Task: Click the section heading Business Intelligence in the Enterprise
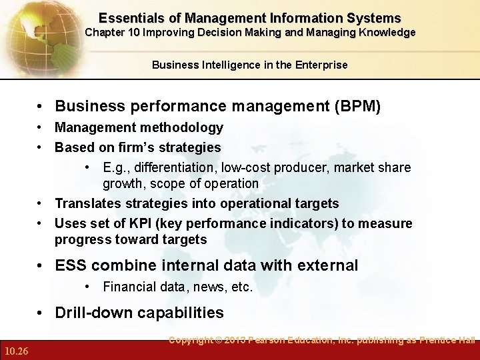tap(249, 65)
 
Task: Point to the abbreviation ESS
tap(71, 265)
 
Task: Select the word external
tap(327, 265)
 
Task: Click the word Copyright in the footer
tap(191, 341)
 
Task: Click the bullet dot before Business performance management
tap(42, 106)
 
